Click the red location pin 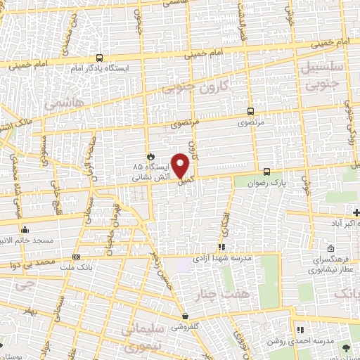[181, 165]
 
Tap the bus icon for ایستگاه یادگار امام [101, 58]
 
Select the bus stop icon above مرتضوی [251, 111]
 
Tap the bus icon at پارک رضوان [266, 172]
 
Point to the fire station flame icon [150, 157]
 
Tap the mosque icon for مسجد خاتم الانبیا [25, 229]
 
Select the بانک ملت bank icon [76, 257]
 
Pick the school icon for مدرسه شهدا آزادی [221, 247]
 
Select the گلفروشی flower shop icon [185, 316]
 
